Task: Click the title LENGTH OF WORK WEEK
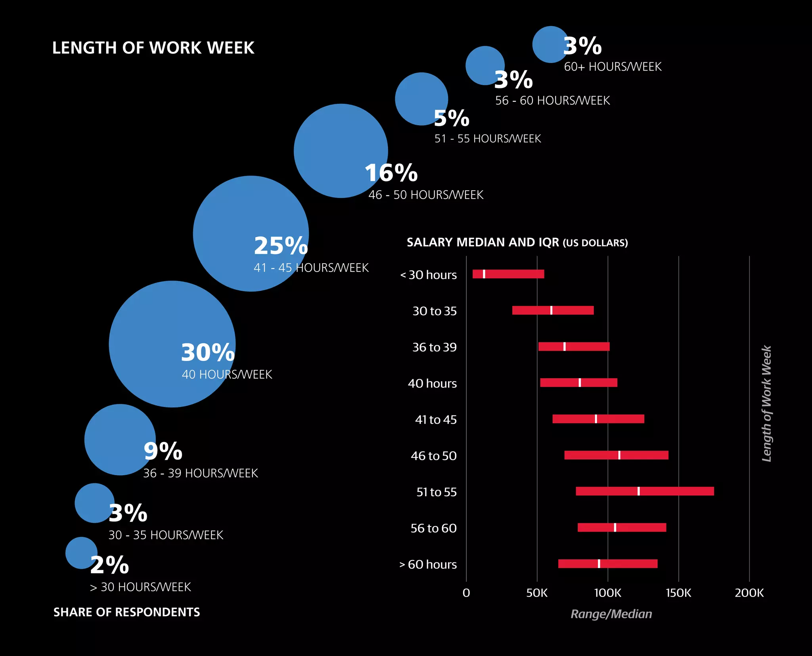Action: (x=153, y=48)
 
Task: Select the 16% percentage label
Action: (x=391, y=173)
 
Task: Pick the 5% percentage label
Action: (x=451, y=118)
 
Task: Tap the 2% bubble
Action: (x=80, y=552)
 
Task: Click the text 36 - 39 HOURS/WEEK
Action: (x=200, y=473)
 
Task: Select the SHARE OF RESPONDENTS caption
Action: (x=126, y=612)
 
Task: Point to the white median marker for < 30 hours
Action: (x=484, y=274)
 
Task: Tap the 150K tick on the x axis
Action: (x=678, y=593)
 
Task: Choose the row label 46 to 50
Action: (x=433, y=456)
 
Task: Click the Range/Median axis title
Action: (x=611, y=614)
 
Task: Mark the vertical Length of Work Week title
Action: (x=766, y=404)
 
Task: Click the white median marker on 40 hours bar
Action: (x=580, y=383)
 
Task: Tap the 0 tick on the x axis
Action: (x=466, y=593)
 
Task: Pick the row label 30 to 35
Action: (x=434, y=311)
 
